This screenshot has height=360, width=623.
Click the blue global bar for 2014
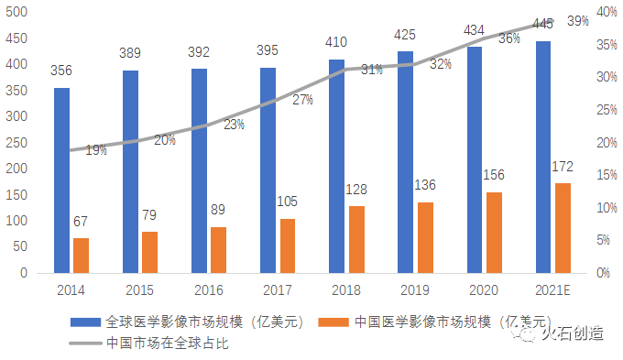(61, 180)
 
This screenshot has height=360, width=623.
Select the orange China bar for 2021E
(563, 228)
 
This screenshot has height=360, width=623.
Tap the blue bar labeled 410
(337, 166)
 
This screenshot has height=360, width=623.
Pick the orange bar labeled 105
(288, 245)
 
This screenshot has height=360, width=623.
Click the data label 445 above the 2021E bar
(542, 24)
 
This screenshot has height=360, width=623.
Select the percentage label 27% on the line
(302, 99)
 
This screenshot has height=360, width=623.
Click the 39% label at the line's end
(577, 20)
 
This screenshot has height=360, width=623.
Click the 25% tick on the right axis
(607, 110)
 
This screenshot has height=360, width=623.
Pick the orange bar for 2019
(425, 237)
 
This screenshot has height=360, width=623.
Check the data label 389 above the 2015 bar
(130, 54)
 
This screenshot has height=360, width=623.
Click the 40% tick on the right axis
(607, 12)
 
